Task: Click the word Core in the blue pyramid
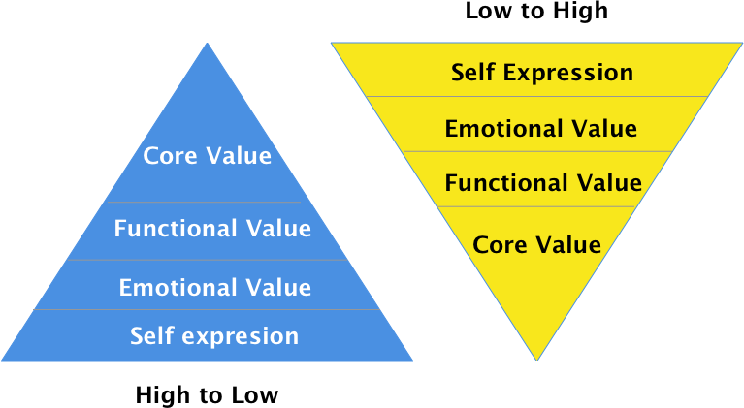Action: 169,156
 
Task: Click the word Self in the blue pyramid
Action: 151,336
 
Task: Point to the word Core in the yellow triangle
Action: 499,244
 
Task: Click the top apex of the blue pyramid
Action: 207,44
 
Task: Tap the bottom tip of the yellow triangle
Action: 536,360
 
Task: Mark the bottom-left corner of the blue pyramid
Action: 3,361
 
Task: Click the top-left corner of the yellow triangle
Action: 332,43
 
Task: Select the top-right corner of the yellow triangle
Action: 741,43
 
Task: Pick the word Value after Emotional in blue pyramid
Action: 278,288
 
